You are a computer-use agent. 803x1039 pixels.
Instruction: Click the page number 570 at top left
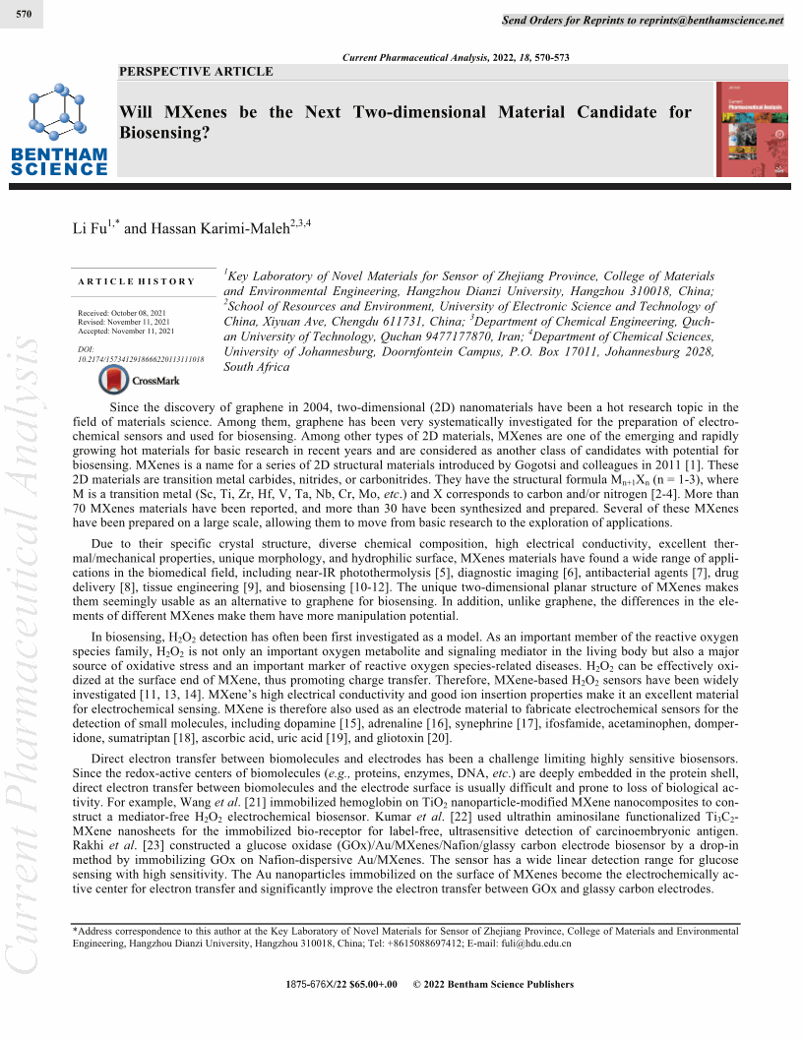click(26, 15)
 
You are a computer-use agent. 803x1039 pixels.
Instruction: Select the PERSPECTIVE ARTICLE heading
click(196, 72)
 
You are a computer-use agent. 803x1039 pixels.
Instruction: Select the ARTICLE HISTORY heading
click(137, 281)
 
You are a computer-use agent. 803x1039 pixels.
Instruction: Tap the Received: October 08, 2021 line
click(123, 313)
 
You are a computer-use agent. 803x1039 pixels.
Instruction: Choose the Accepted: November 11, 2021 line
click(125, 331)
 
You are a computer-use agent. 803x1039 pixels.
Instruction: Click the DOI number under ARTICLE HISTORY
click(140, 360)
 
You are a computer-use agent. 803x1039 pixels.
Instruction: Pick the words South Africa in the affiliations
click(257, 367)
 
